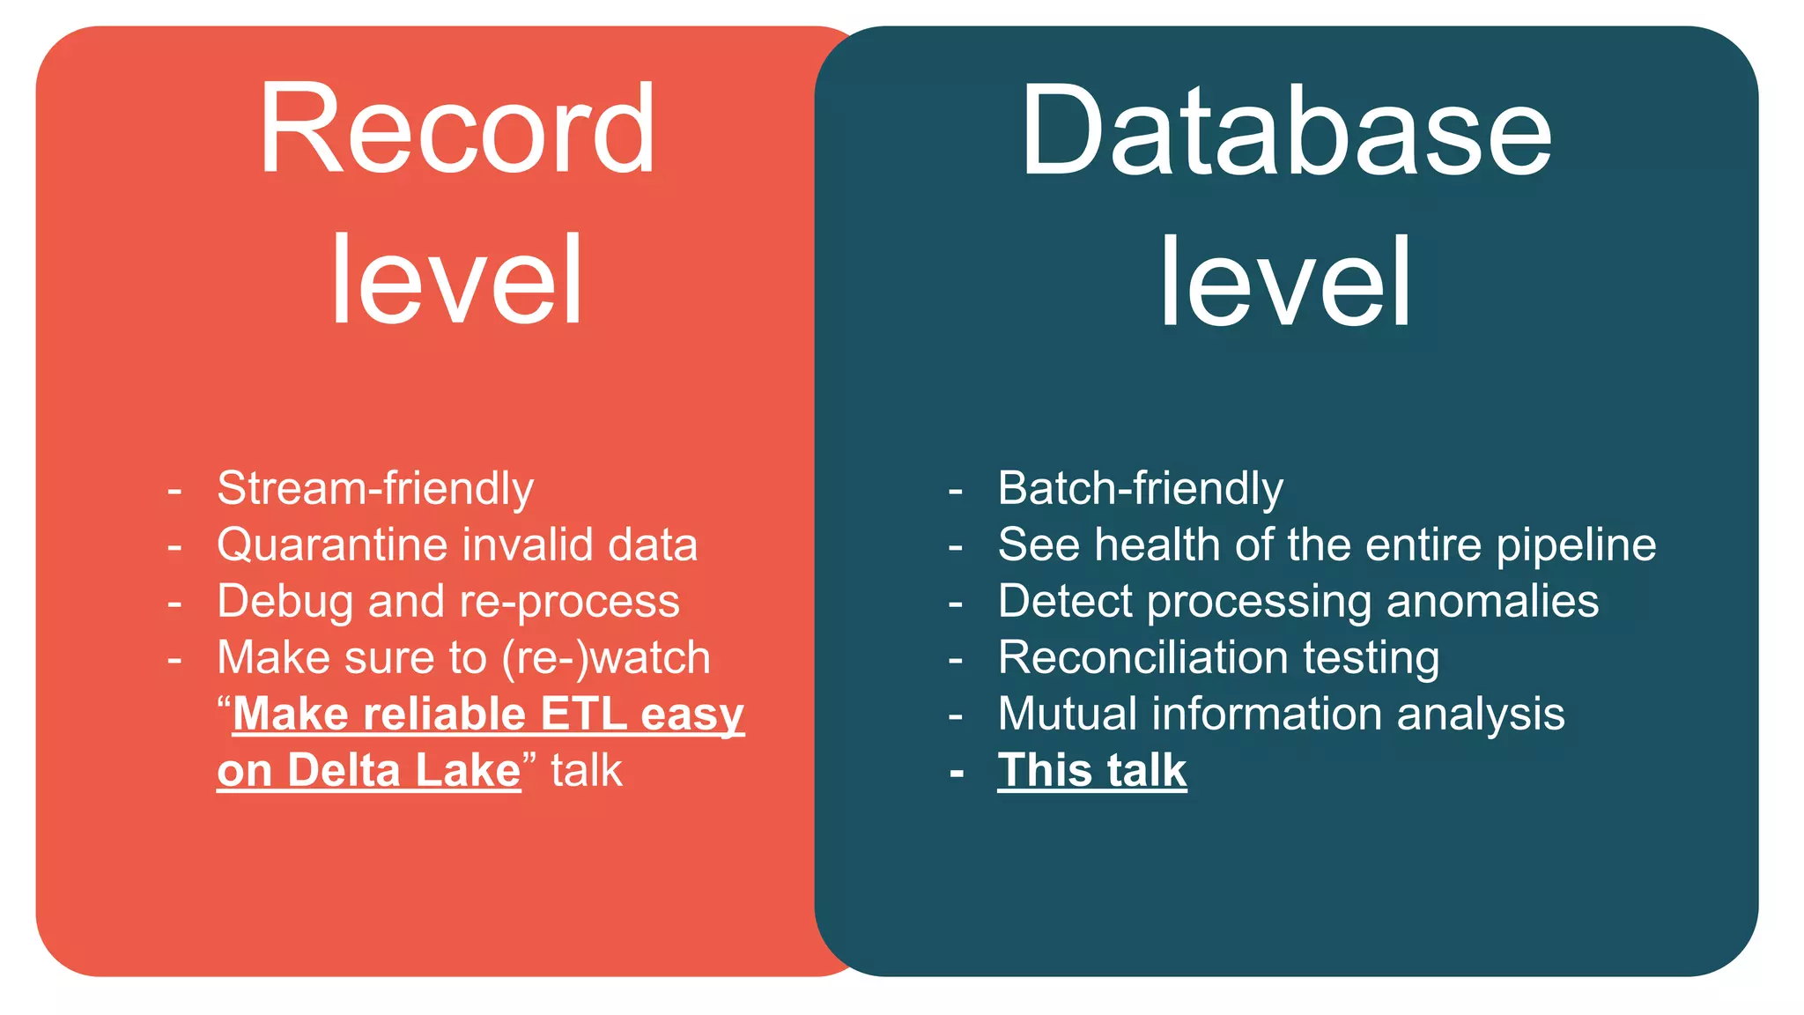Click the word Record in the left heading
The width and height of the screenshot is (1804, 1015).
[456, 130]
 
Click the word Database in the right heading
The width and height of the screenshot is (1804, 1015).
[1285, 131]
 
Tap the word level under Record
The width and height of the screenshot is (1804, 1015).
[456, 280]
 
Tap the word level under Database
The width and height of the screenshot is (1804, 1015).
[1285, 282]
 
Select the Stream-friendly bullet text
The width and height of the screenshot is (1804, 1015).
[375, 489]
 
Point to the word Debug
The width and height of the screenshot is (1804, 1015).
[285, 603]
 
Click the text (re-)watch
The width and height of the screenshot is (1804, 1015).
[606, 658]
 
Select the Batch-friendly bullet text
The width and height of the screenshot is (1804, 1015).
[1140, 489]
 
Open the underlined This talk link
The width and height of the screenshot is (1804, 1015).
[1091, 770]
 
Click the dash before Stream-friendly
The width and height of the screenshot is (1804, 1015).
[174, 490]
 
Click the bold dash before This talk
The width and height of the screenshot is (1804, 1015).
[957, 773]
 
